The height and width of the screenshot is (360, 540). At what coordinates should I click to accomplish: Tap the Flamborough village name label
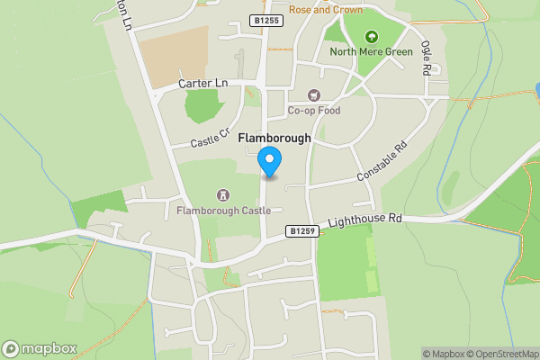click(x=274, y=139)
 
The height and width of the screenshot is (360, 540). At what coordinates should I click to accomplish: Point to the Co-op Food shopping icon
click(x=313, y=95)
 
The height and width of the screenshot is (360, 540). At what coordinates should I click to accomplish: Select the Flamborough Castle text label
click(x=224, y=211)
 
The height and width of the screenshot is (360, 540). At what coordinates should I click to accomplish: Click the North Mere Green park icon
click(x=371, y=37)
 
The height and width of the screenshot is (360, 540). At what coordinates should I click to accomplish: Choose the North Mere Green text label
click(x=371, y=51)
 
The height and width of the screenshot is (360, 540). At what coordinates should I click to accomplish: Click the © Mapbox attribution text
click(x=442, y=354)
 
